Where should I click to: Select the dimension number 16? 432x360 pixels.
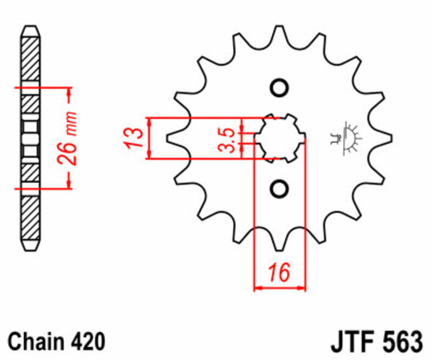pyautogui.click(x=279, y=272)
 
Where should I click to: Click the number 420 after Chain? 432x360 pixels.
pyautogui.click(x=87, y=342)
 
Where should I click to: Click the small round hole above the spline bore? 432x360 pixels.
pyautogui.click(x=279, y=88)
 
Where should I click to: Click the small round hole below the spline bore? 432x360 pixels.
pyautogui.click(x=279, y=188)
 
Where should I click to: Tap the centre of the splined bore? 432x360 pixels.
pyautogui.click(x=279, y=138)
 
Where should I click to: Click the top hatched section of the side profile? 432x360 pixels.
pyautogui.click(x=30, y=59)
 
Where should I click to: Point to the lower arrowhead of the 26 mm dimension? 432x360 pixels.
pyautogui.click(x=69, y=183)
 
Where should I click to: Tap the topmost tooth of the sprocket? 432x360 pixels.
pyautogui.click(x=279, y=34)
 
